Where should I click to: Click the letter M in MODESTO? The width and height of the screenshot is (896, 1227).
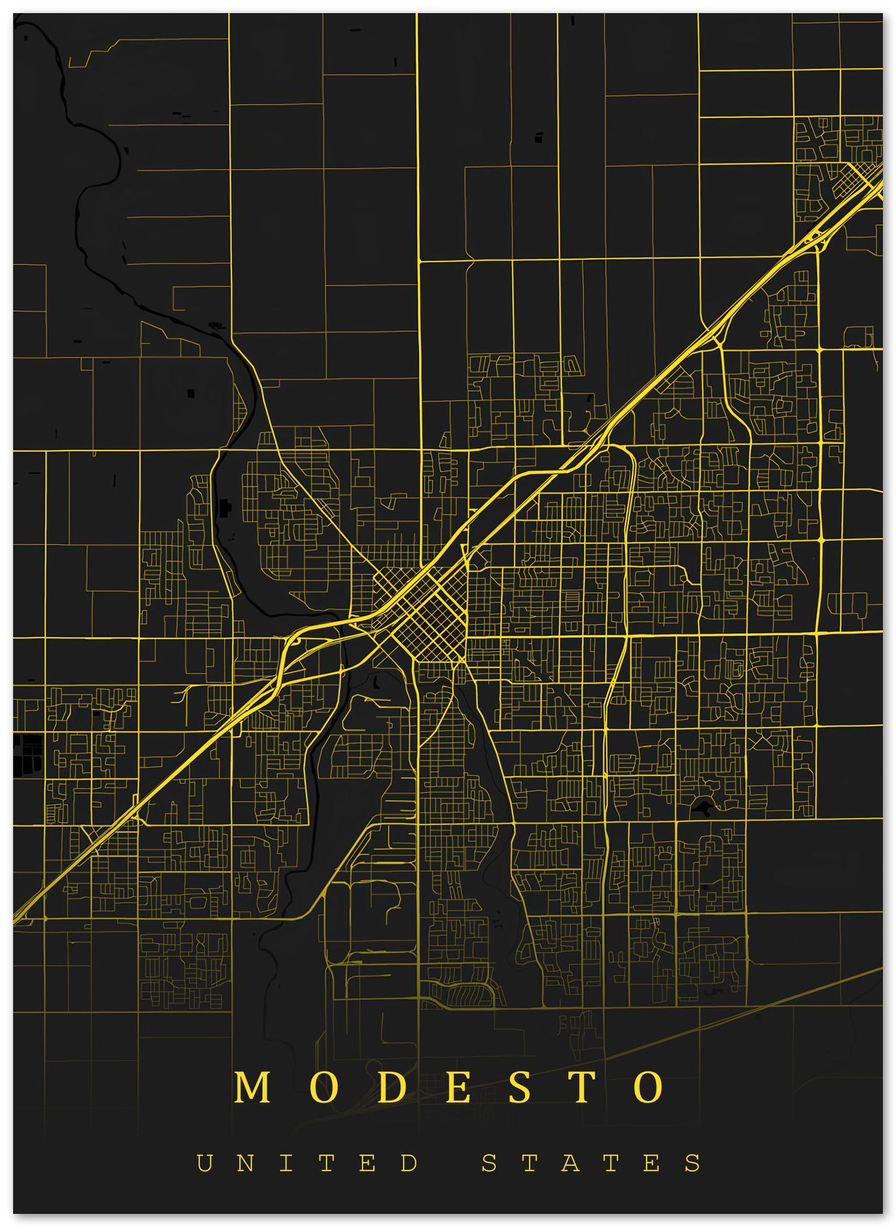[x=253, y=1087]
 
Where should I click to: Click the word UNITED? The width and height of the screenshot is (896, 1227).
[x=307, y=1163]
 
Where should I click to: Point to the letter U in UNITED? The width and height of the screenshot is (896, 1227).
[x=205, y=1163]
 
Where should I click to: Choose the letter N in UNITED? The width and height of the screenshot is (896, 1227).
[x=246, y=1163]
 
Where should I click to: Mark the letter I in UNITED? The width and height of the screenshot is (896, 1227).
[x=288, y=1163]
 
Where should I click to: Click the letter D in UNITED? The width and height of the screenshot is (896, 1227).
[x=410, y=1163]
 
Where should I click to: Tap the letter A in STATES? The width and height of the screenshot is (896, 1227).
[x=571, y=1163]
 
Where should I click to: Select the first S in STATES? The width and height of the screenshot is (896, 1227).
[x=490, y=1163]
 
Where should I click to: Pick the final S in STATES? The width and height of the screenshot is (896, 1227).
[x=694, y=1163]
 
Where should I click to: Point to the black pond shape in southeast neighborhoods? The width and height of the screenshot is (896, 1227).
[x=703, y=808]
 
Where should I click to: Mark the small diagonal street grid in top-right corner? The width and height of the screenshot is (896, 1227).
[x=858, y=174]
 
